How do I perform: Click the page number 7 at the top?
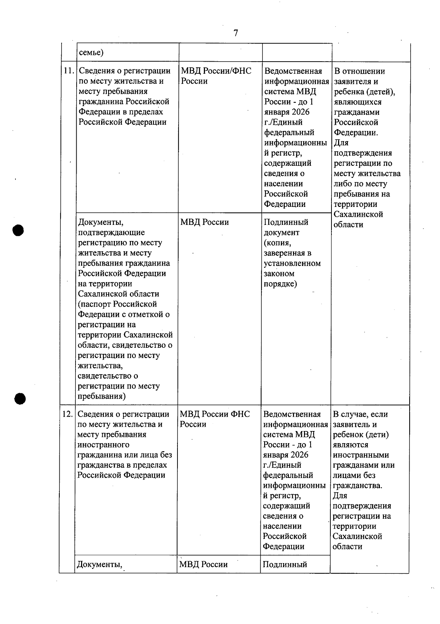[235, 33]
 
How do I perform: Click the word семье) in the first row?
[91, 52]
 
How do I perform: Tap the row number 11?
[69, 71]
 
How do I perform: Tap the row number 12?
[67, 414]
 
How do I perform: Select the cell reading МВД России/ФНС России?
[216, 76]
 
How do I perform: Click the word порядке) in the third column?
[280, 284]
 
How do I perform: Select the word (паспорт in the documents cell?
[94, 304]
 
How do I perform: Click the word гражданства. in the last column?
[357, 486]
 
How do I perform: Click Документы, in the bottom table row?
[99, 564]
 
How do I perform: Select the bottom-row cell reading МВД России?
[203, 564]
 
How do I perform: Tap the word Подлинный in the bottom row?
[285, 564]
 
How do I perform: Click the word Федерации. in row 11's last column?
[356, 133]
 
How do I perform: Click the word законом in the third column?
[279, 274]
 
